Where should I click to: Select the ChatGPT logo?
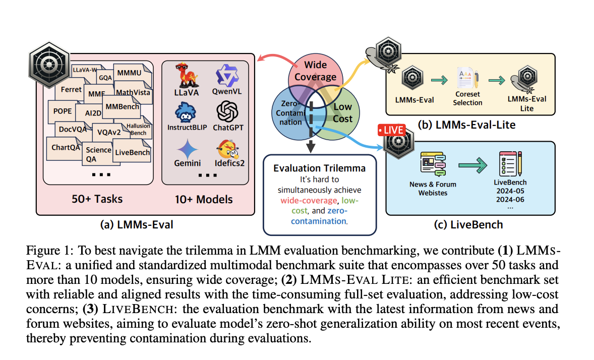coord(226,112)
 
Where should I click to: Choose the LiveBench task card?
coord(132,152)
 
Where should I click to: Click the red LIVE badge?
coord(391,130)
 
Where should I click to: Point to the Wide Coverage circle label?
coord(315,71)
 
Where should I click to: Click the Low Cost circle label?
coord(343,112)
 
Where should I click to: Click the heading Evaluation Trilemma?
coord(320,167)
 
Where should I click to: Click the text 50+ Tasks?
coord(97,199)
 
